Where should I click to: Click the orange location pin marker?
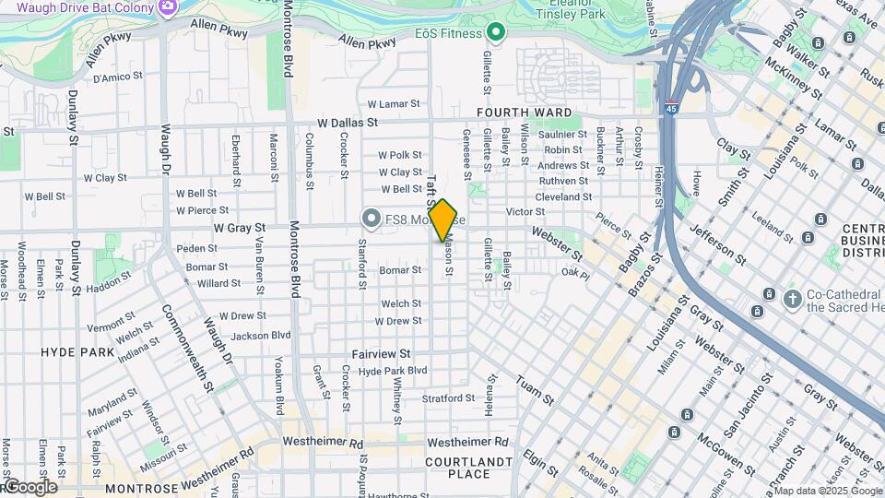(x=443, y=220)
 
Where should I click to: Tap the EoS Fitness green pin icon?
(x=496, y=33)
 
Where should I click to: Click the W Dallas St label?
(x=348, y=122)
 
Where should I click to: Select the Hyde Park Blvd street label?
(x=393, y=371)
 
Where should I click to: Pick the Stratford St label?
(x=448, y=398)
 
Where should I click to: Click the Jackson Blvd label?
(x=261, y=336)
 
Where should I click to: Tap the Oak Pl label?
(x=574, y=273)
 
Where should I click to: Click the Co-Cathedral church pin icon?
(x=792, y=297)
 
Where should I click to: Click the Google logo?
(x=29, y=487)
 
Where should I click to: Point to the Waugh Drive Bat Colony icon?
(x=168, y=7)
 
